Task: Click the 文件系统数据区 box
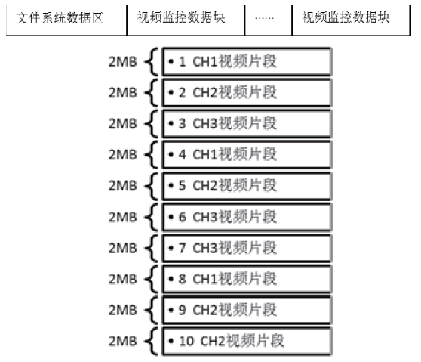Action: (x=66, y=20)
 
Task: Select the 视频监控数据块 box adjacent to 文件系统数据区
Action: (x=186, y=20)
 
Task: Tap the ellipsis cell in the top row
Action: (x=269, y=20)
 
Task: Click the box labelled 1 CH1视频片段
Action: (x=247, y=61)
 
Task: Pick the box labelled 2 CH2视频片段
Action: (x=247, y=92)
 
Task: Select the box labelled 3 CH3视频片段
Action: (x=247, y=124)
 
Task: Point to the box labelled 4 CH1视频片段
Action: (x=247, y=155)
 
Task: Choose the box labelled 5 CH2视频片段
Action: (x=247, y=186)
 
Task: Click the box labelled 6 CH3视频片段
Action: (x=247, y=217)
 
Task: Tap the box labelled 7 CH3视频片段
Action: (x=247, y=248)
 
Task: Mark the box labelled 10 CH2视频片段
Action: (x=247, y=342)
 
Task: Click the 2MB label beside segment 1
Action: (x=123, y=61)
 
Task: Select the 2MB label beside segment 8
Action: (x=123, y=279)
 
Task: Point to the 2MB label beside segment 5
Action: (x=123, y=186)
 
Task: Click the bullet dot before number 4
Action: (x=171, y=155)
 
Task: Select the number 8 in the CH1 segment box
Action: (x=183, y=279)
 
